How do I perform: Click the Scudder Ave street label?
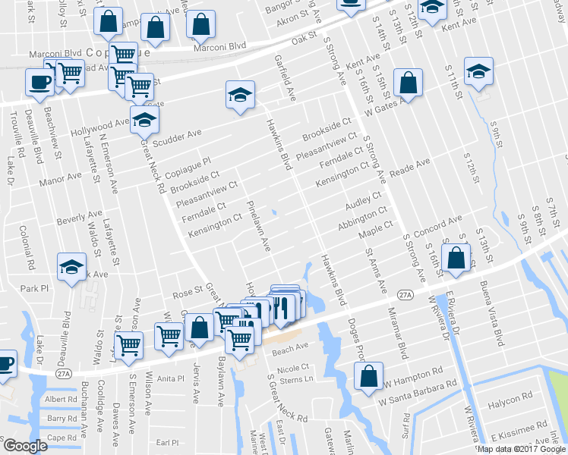[178, 136]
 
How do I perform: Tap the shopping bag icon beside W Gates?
[408, 85]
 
